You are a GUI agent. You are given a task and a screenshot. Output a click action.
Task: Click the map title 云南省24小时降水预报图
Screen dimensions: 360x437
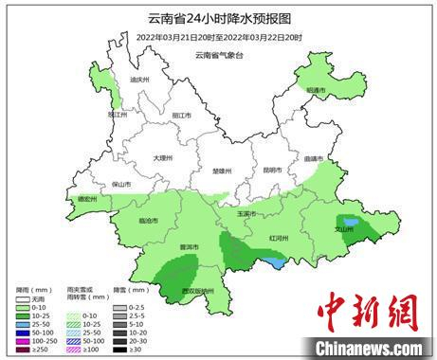218,18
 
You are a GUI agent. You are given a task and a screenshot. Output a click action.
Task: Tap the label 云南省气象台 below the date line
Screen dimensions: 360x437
220,54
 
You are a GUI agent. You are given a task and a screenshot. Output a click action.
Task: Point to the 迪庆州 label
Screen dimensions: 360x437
140,81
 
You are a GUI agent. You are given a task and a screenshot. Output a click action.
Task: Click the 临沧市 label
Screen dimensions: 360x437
149,220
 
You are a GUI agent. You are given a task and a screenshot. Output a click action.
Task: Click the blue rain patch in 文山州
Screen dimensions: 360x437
351,222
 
